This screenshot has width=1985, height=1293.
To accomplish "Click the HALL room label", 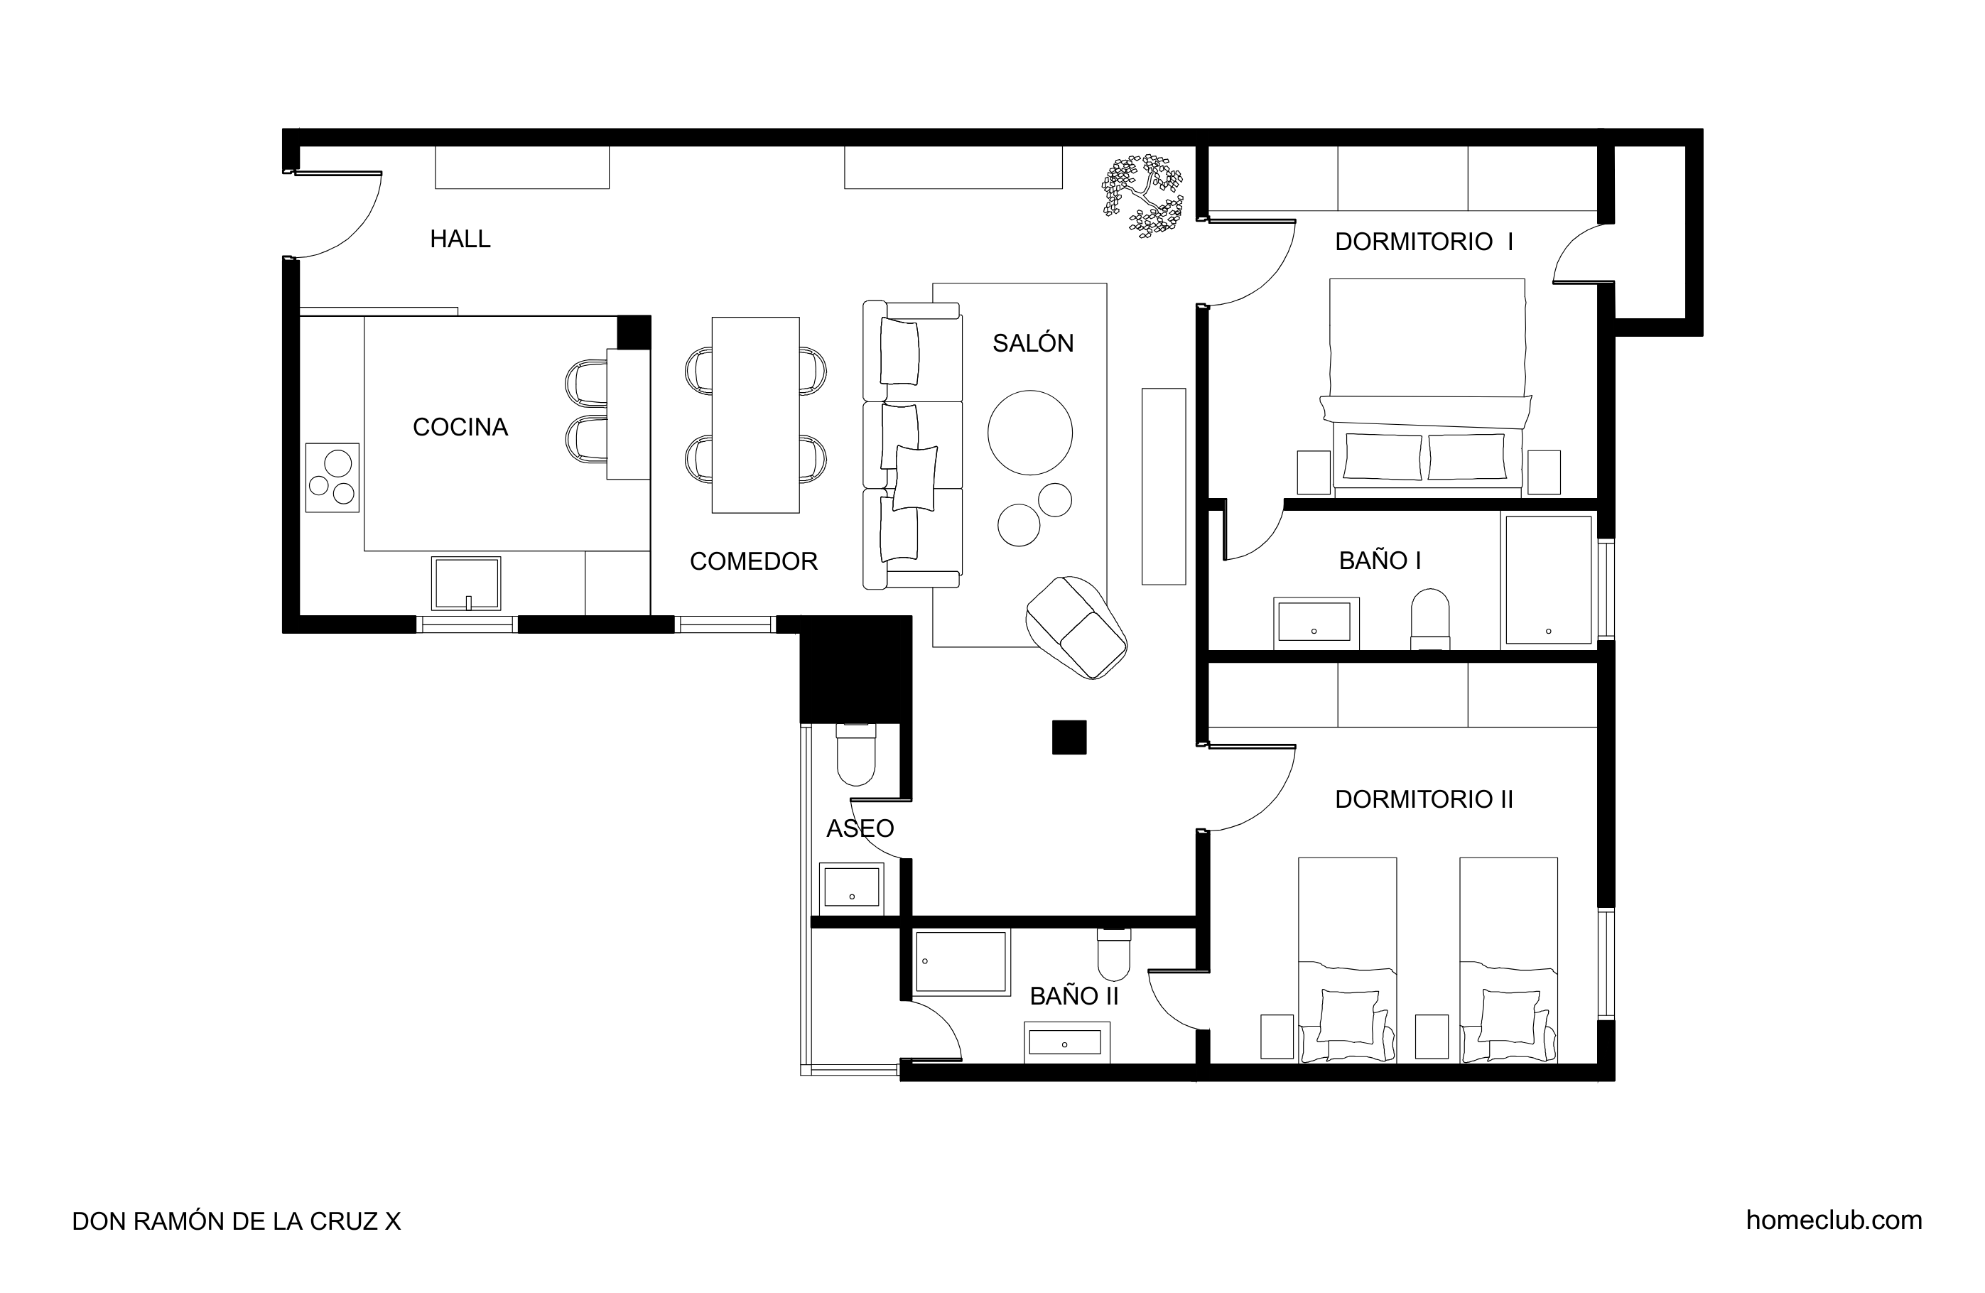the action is (x=460, y=239).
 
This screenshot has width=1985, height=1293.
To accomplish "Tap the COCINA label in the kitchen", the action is (x=460, y=427).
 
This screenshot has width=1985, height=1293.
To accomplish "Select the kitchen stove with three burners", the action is (x=332, y=477).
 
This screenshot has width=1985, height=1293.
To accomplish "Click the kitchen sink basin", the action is (x=466, y=583).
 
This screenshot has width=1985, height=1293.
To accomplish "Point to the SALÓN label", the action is (x=1032, y=343).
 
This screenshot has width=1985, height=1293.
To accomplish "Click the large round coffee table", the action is (x=1030, y=433).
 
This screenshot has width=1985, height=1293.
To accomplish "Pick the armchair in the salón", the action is (x=1076, y=627).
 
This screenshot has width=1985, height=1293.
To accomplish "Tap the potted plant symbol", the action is (x=1142, y=196).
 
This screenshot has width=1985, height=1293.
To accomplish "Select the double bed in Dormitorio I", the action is (x=1426, y=388).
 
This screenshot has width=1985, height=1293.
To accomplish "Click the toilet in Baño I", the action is (x=1429, y=619).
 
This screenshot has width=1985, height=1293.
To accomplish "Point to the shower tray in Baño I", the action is (x=1548, y=580).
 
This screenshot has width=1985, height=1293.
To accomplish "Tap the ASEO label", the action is (x=860, y=828).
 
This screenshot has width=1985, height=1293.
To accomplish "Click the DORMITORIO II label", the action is (x=1424, y=799).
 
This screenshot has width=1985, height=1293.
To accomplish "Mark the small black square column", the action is (x=1069, y=737).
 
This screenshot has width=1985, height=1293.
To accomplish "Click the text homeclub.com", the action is (x=1834, y=1221).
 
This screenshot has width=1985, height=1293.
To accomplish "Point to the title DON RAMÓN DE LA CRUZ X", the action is (x=236, y=1221).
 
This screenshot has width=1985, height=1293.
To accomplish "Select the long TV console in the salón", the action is (x=1164, y=487).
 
